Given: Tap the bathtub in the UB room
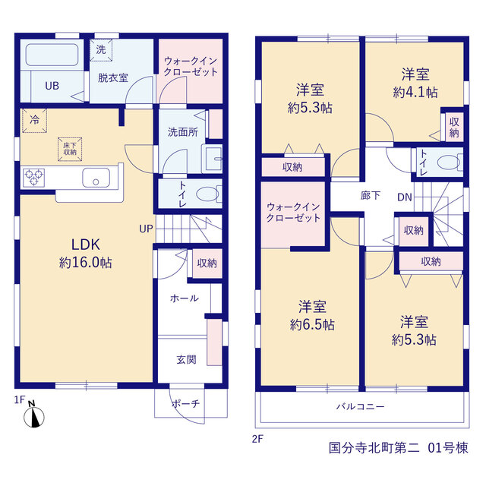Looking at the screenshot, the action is [x=52, y=55].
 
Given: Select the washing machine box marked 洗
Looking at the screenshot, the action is [x=101, y=49].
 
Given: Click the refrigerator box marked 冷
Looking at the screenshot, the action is [x=34, y=120].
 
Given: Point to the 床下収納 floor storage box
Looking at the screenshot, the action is [x=70, y=149].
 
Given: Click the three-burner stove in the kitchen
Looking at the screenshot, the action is [x=33, y=178].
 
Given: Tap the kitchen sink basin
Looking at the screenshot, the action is [x=96, y=178].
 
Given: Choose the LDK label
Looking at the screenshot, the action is [x=86, y=245].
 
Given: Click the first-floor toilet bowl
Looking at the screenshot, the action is [x=207, y=194].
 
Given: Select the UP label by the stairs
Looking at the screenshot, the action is [x=146, y=229].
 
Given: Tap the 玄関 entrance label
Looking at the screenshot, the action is [x=186, y=359].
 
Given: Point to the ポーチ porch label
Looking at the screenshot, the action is [x=185, y=403].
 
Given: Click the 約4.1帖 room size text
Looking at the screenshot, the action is [x=415, y=93].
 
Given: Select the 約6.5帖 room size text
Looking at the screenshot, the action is [x=312, y=325].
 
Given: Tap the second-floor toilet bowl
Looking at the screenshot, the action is [x=449, y=162].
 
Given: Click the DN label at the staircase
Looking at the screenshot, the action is [x=405, y=197].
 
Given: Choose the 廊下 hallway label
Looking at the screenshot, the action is [x=371, y=195].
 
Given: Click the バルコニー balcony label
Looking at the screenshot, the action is [x=361, y=406].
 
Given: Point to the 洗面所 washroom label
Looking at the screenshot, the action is [x=183, y=132].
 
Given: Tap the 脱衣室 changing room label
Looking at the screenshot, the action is [x=113, y=77].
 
